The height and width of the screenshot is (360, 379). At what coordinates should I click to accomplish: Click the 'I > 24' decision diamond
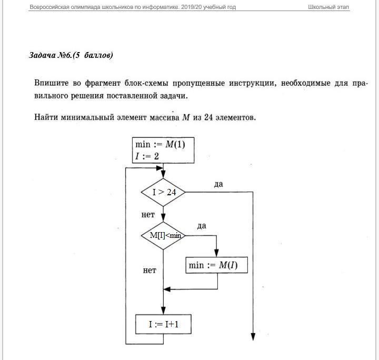coord(163,193)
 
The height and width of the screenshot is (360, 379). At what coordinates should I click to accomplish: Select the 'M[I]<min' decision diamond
coord(163,235)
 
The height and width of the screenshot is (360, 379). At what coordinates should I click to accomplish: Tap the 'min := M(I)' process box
coord(217,266)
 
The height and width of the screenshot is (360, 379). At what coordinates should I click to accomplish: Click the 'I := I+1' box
coord(163,325)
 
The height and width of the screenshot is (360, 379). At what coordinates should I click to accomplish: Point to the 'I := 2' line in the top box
coord(148,156)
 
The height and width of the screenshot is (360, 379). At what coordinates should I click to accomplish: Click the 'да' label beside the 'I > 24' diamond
coord(218,184)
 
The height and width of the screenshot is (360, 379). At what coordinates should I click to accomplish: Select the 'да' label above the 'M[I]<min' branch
coord(202,226)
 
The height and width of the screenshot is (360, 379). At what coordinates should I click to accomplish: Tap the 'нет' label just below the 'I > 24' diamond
coord(148,215)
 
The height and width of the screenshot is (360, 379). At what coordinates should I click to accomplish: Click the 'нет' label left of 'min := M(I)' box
coord(149,271)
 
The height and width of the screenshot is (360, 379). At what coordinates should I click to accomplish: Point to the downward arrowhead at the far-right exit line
coord(253,337)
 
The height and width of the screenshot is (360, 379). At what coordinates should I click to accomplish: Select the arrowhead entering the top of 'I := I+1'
coord(163,312)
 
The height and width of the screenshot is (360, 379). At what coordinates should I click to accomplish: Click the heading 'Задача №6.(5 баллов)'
coord(71,55)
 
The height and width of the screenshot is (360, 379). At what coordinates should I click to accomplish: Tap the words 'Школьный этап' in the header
coord(328,7)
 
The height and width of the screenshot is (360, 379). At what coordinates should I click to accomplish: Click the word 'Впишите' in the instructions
coord(51,84)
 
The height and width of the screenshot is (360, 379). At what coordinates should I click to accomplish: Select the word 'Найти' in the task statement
coord(47,117)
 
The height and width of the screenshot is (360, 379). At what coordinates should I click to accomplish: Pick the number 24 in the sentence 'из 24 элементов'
coord(209,117)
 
